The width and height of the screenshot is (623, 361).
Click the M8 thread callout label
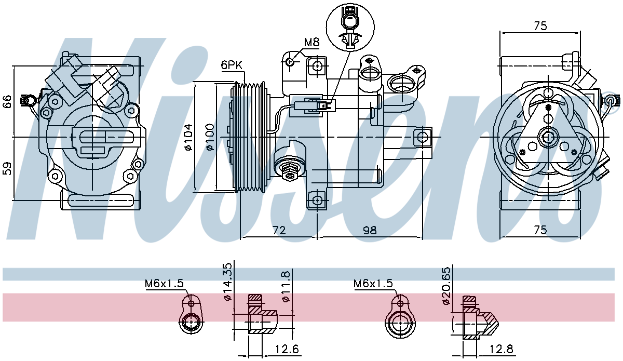point(311,42)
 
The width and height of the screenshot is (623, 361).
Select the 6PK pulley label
point(232,65)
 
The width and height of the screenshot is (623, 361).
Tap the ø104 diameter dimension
point(188,137)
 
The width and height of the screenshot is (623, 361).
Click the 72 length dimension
point(279,231)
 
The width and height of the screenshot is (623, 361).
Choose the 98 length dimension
point(370,231)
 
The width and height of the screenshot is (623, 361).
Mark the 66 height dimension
point(7,102)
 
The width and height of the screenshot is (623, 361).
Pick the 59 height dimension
point(7,168)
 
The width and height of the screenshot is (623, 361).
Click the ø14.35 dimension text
point(227,282)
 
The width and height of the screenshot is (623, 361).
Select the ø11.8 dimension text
point(286,286)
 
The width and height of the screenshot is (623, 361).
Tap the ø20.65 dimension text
point(446,286)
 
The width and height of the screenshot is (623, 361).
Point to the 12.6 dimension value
point(287,349)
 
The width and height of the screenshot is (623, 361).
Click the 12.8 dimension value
point(502,349)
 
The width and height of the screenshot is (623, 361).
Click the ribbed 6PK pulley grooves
point(250,137)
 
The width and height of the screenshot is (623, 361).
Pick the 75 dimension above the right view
point(540,26)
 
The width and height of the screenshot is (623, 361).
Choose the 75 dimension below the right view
point(540,230)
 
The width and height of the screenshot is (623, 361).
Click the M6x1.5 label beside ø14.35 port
point(164,284)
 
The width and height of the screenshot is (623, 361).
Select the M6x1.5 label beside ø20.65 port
point(373,284)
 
